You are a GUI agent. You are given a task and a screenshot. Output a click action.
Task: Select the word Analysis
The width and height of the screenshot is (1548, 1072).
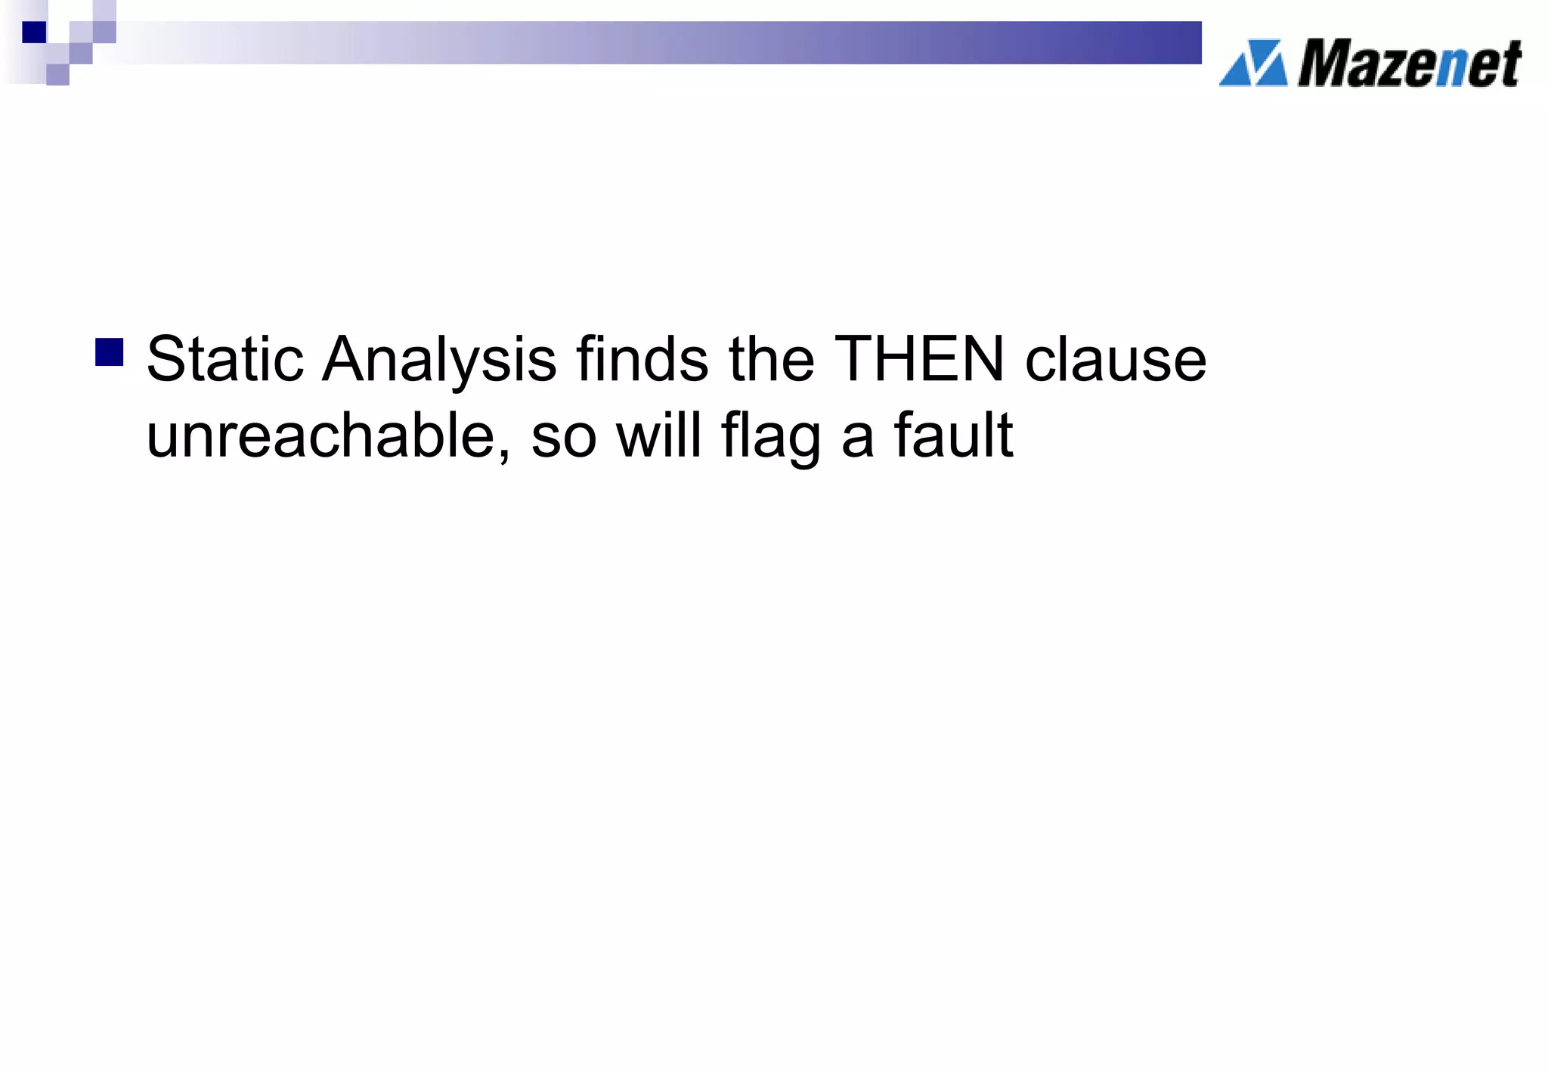click(439, 361)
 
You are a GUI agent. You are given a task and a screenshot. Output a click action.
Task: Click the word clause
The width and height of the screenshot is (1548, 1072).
click(1115, 361)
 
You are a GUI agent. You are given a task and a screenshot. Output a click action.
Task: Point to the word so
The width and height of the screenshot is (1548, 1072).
click(563, 438)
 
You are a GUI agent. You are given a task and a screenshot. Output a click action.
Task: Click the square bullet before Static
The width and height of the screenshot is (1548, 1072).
click(110, 352)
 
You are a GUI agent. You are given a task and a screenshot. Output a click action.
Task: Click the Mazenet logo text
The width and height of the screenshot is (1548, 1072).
click(1409, 64)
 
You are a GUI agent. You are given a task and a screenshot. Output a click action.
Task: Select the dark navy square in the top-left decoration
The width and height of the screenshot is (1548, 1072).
click(34, 32)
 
